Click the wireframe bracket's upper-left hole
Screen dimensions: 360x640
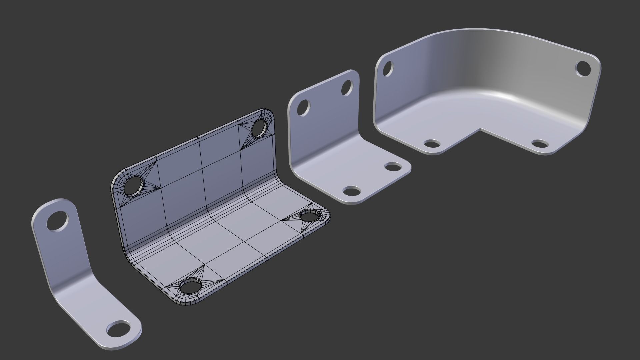(x=134, y=186)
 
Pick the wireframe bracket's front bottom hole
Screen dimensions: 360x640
(x=191, y=286)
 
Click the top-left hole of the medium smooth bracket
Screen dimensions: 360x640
(x=303, y=108)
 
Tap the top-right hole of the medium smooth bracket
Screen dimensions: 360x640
(x=347, y=87)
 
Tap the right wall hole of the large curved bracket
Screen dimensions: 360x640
(x=583, y=69)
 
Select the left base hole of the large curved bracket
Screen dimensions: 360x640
(x=432, y=144)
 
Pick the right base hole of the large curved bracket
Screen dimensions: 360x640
(x=540, y=144)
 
